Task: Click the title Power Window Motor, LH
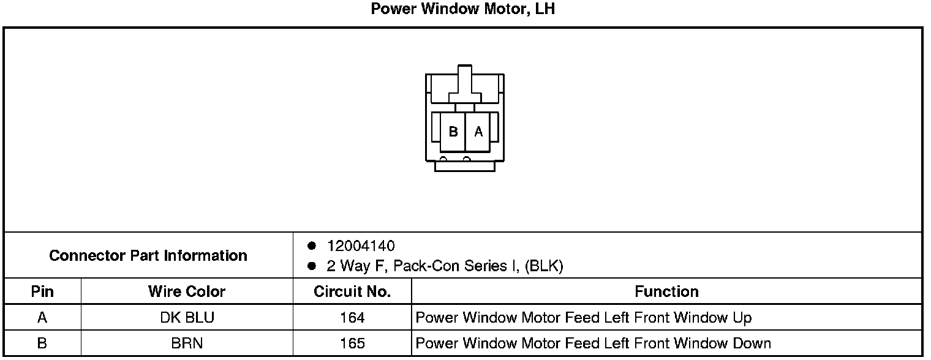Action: point(463,10)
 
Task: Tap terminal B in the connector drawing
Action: point(453,132)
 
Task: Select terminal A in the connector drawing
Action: point(478,132)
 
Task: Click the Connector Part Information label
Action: point(148,255)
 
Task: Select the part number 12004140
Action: point(361,246)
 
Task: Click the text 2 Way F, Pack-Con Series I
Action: point(423,266)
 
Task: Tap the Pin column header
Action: point(42,291)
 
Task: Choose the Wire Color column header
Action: point(187,291)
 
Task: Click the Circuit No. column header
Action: point(352,291)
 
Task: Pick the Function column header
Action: point(666,291)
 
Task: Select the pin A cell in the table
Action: point(42,318)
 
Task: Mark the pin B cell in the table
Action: point(42,343)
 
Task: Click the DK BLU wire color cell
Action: point(187,318)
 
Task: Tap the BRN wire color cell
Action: point(187,343)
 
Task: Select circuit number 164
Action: point(352,318)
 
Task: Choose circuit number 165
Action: point(352,343)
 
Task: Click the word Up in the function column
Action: point(742,318)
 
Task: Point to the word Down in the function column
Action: point(752,343)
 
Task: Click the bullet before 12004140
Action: point(311,246)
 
